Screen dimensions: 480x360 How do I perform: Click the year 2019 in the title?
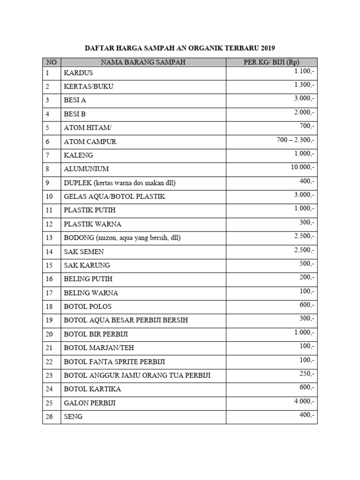[x=266, y=48]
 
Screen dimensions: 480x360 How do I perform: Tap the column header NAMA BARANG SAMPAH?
[x=143, y=62]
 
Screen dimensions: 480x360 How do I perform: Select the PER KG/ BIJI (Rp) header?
[x=271, y=62]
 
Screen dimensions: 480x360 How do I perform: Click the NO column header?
[x=51, y=62]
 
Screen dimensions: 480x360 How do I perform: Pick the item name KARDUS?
[x=78, y=73]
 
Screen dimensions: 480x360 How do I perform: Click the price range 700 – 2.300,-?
[x=296, y=140]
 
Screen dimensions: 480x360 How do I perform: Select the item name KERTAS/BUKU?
[x=89, y=87]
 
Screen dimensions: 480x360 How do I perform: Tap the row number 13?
[x=50, y=238]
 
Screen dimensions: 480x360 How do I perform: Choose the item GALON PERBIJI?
[x=90, y=403]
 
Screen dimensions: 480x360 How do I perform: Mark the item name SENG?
[x=73, y=416]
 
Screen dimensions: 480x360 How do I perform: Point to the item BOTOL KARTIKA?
[x=92, y=389]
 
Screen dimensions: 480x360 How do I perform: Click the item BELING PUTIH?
[x=88, y=279]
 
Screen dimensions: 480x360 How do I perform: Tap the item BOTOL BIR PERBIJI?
[x=96, y=334]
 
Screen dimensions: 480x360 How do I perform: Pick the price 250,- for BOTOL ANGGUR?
[x=307, y=374]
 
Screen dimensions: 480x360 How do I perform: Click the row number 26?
[x=50, y=416]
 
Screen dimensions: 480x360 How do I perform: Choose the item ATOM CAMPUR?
[x=90, y=142]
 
